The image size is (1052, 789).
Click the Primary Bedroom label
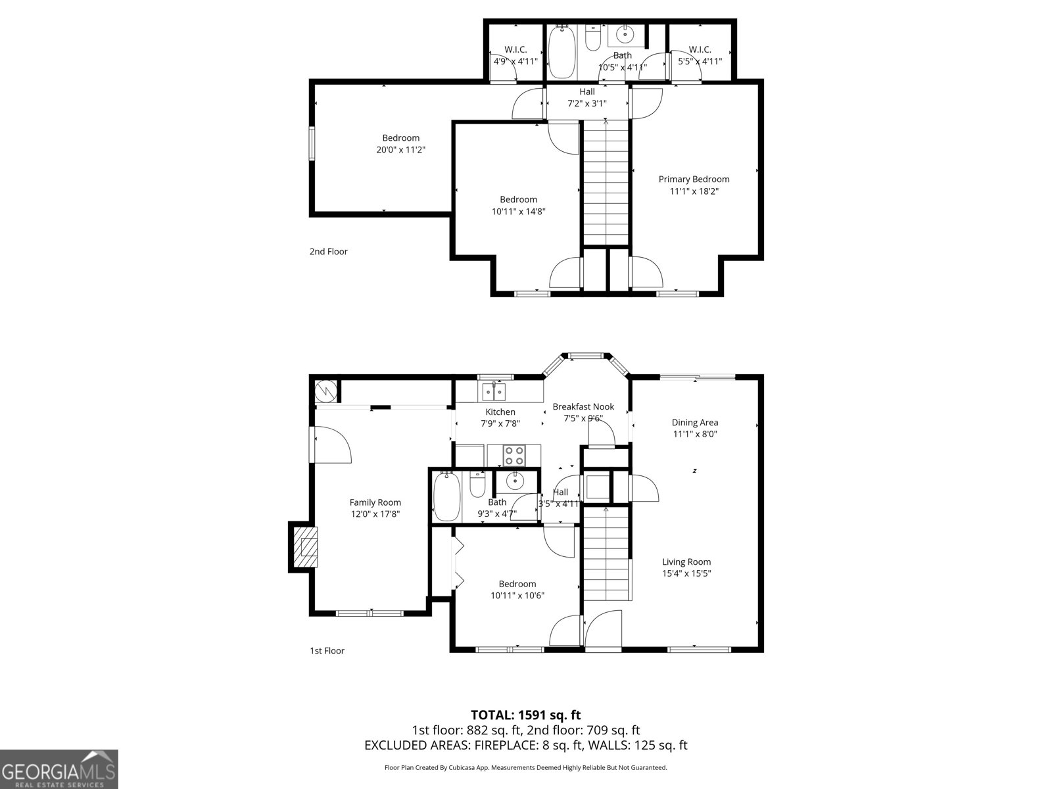pos(694,179)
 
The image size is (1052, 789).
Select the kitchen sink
pos(494,393)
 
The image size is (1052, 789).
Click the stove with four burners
pos(514,455)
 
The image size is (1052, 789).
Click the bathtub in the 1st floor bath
pos(446,497)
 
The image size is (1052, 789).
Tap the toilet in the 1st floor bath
pos(477,485)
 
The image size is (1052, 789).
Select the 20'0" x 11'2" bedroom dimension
pos(400,150)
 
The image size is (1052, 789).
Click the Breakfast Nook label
pos(583,407)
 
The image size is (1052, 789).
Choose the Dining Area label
pos(694,423)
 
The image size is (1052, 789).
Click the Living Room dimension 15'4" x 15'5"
pos(686,573)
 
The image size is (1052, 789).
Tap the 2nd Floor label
pos(329,252)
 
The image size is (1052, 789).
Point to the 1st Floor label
pos(327,651)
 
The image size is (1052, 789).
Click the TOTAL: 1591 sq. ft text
pos(525,715)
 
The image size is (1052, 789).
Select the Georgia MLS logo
pos(59,769)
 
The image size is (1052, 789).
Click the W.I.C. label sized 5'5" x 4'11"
pos(700,50)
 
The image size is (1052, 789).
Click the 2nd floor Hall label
pos(587,92)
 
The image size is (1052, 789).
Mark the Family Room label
pos(375,503)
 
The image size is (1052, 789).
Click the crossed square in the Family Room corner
pos(325,391)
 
